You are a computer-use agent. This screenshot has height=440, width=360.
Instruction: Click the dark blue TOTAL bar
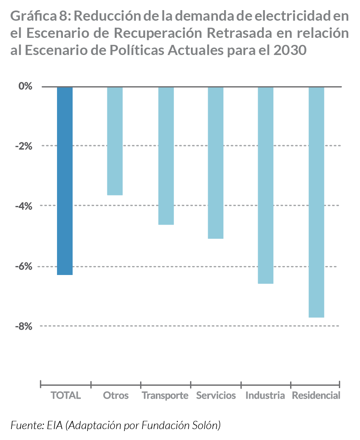coord(65,181)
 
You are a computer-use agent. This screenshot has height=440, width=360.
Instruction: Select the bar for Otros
coord(115,141)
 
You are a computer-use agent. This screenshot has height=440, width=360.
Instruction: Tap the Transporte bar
coord(166,156)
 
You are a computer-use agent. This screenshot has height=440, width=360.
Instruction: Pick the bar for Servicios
coord(216,163)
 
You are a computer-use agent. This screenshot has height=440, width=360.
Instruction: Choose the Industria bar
coord(266,185)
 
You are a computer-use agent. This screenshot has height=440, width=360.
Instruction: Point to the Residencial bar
coord(316,202)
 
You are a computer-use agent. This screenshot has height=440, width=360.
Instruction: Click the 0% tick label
coord(25,86)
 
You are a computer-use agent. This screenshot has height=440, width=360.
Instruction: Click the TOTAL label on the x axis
coord(66,396)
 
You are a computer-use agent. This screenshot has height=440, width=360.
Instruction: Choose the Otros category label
coord(116,396)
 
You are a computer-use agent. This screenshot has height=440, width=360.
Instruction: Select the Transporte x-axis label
coord(165,396)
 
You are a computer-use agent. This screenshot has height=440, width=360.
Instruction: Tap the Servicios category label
coord(216,396)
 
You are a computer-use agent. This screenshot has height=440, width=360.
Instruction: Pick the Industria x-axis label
coord(265,396)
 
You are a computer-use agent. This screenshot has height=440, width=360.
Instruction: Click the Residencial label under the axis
coord(316,396)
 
